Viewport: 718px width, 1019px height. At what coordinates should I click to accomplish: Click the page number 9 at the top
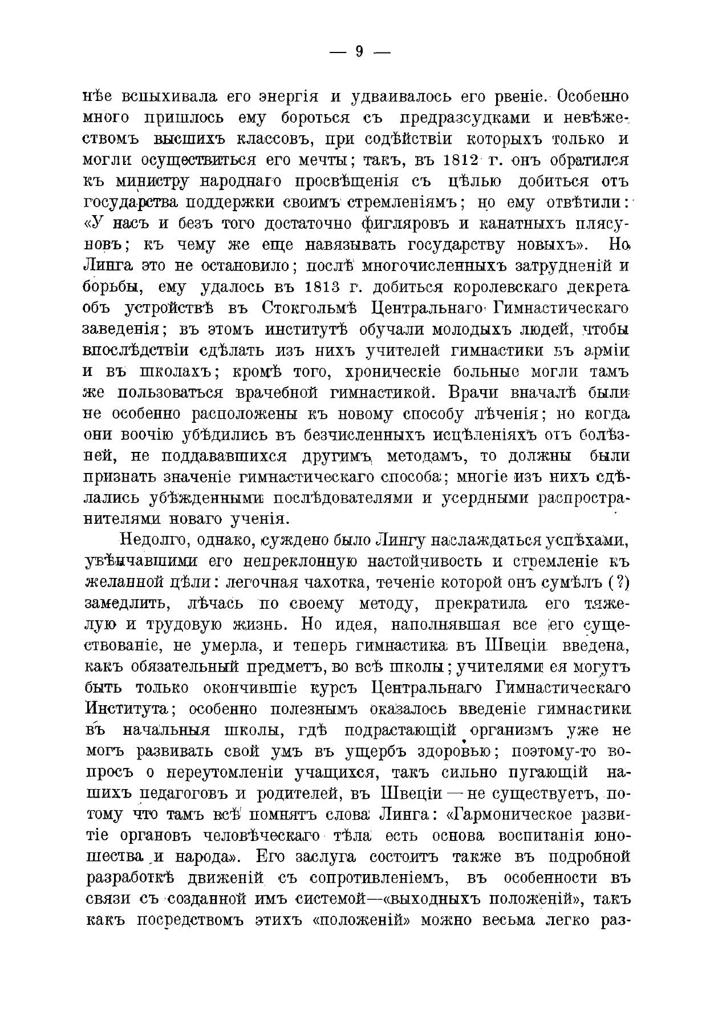tap(359, 52)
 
